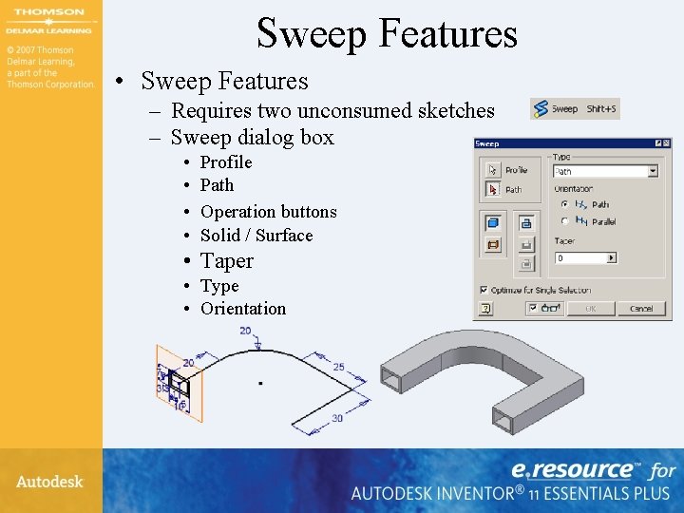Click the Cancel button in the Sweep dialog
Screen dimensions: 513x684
(640, 308)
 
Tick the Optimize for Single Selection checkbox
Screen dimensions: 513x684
(484, 290)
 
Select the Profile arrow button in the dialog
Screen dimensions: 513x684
(492, 169)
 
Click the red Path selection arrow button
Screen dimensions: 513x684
(492, 189)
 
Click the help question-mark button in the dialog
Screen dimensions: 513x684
(485, 308)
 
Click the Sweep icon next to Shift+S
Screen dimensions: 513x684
(541, 109)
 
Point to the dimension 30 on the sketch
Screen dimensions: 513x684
(337, 418)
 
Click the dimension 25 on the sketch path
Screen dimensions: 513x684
(338, 367)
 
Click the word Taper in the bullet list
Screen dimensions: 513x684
(227, 260)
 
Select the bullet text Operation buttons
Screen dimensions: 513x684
(269, 211)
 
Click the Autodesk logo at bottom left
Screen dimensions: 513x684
(49, 482)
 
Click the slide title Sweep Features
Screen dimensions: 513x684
(387, 33)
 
